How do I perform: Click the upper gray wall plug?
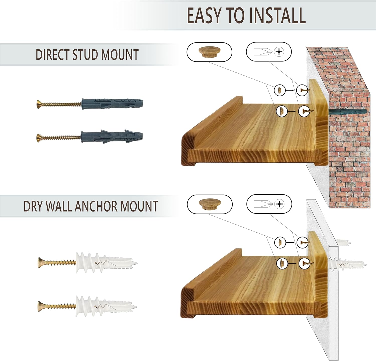[x=112, y=103]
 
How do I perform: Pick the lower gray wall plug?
[x=112, y=137]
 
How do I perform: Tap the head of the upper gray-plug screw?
[x=39, y=104]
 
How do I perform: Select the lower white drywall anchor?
[x=107, y=306]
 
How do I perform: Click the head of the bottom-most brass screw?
[x=40, y=306]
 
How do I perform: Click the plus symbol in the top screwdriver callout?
[x=279, y=52]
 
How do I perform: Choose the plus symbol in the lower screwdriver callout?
[x=279, y=204]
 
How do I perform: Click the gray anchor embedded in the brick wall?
[x=347, y=112]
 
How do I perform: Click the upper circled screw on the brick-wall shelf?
[x=302, y=90]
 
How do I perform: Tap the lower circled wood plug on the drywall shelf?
[x=282, y=263]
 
